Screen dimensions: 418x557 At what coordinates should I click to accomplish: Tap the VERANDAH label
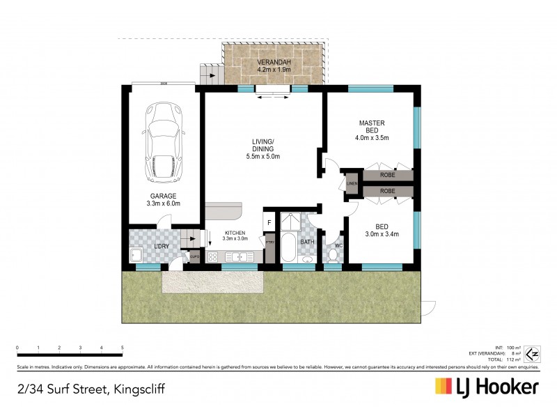click(x=273, y=64)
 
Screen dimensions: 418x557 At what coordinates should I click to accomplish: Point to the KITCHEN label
click(x=235, y=234)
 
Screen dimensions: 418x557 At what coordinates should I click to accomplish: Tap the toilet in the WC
click(x=334, y=256)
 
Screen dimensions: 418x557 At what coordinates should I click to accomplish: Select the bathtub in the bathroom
click(x=288, y=245)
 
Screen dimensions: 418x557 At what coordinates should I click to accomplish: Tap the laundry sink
click(x=136, y=255)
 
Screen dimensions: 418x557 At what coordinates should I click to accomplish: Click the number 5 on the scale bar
click(x=123, y=347)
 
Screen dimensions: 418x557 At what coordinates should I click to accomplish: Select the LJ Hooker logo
click(x=487, y=387)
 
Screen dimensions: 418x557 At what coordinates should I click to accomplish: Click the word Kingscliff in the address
click(x=145, y=388)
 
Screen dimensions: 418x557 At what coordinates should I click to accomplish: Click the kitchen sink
click(x=238, y=256)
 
